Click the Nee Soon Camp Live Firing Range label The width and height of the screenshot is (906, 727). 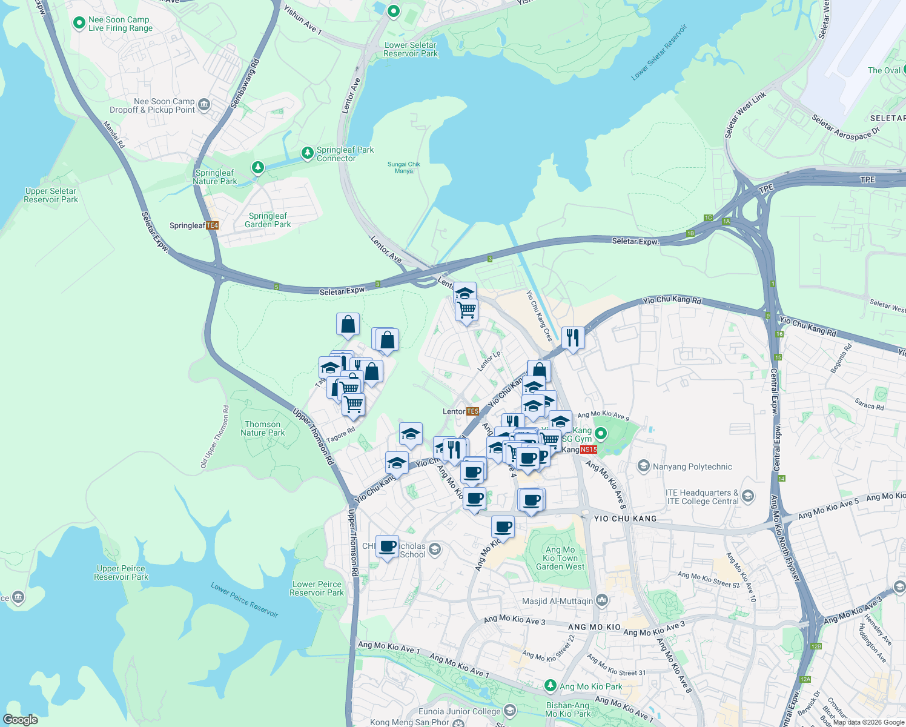click(120, 24)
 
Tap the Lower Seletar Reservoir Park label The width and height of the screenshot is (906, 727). click(410, 49)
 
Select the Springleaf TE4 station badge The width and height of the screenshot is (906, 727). click(212, 225)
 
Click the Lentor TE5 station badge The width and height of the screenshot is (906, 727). click(472, 411)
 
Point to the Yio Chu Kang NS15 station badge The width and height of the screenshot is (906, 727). click(588, 450)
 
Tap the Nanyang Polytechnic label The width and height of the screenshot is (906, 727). click(692, 466)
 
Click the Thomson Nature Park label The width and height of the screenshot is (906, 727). click(262, 428)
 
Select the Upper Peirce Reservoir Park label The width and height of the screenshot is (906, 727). click(121, 573)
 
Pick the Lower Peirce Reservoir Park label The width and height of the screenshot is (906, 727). click(317, 588)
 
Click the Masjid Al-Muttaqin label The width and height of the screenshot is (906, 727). click(557, 601)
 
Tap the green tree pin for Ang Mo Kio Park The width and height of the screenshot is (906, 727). click(550, 686)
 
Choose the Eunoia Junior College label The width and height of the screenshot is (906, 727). click(459, 711)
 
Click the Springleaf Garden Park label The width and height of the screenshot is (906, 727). click(268, 220)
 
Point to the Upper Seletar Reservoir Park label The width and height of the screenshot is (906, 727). click(51, 195)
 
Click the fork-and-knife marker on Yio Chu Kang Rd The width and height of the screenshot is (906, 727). click(573, 337)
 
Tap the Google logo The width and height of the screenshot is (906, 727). click(21, 720)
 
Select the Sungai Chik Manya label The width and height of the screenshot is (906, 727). click(404, 167)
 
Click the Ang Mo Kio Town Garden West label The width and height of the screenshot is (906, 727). click(560, 558)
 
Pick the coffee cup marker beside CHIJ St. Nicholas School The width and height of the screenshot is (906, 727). click(388, 546)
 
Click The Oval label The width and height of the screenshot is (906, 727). click(884, 70)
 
